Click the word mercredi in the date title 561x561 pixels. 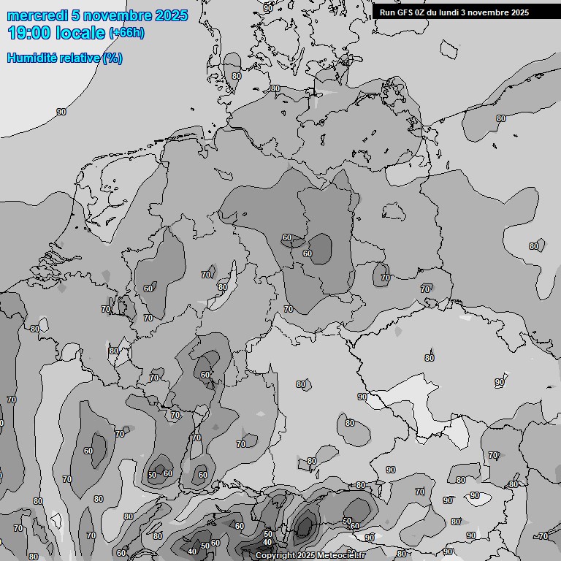click(x=37, y=15)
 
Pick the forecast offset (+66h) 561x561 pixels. click(x=126, y=33)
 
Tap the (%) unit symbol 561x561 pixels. click(x=112, y=58)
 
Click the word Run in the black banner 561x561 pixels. click(x=387, y=12)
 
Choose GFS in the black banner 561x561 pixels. click(x=405, y=12)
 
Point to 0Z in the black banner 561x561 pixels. click(x=423, y=12)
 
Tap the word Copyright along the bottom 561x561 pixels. click(x=276, y=556)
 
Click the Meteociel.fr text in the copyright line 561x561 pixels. click(x=344, y=556)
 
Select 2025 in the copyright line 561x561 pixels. click(x=309, y=556)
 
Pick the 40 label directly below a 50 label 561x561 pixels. click(x=267, y=542)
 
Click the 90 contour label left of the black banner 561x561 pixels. click(x=268, y=8)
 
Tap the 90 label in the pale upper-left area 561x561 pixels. click(x=61, y=112)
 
